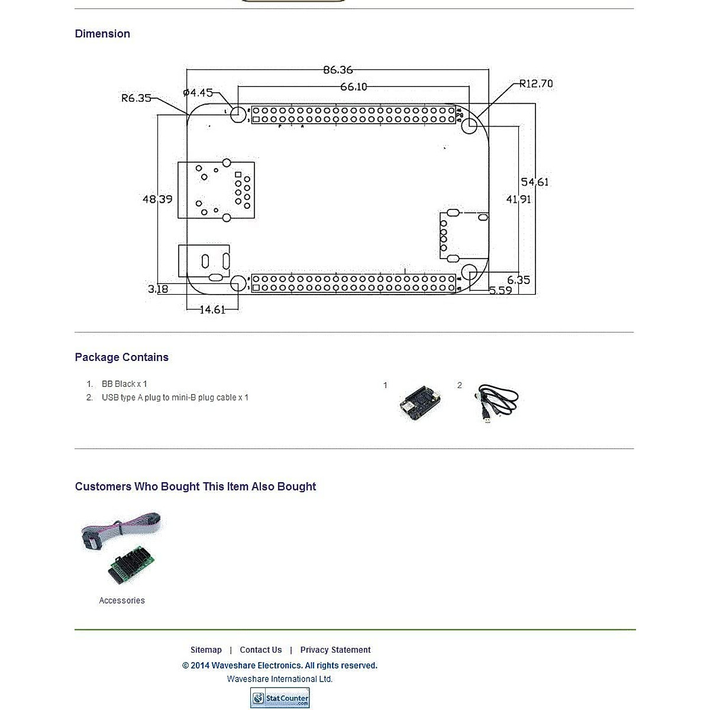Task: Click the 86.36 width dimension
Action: click(x=338, y=70)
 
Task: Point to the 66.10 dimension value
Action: click(x=353, y=87)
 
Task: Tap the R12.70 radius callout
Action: click(x=536, y=84)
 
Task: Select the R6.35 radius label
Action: click(x=136, y=98)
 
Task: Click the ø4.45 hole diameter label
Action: click(x=198, y=93)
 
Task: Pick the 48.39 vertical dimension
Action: click(x=157, y=199)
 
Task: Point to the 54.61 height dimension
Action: click(x=535, y=182)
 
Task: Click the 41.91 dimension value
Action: click(x=518, y=199)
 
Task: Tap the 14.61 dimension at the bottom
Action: click(x=212, y=309)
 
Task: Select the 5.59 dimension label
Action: click(x=501, y=291)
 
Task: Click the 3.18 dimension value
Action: click(x=158, y=289)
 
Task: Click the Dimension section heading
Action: click(x=102, y=34)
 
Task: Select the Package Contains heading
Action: click(x=121, y=357)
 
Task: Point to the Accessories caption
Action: click(x=122, y=601)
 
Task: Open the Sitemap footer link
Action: click(x=206, y=650)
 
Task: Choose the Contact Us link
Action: click(x=261, y=650)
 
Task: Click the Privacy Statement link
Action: click(x=335, y=650)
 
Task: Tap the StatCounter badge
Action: click(x=280, y=698)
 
